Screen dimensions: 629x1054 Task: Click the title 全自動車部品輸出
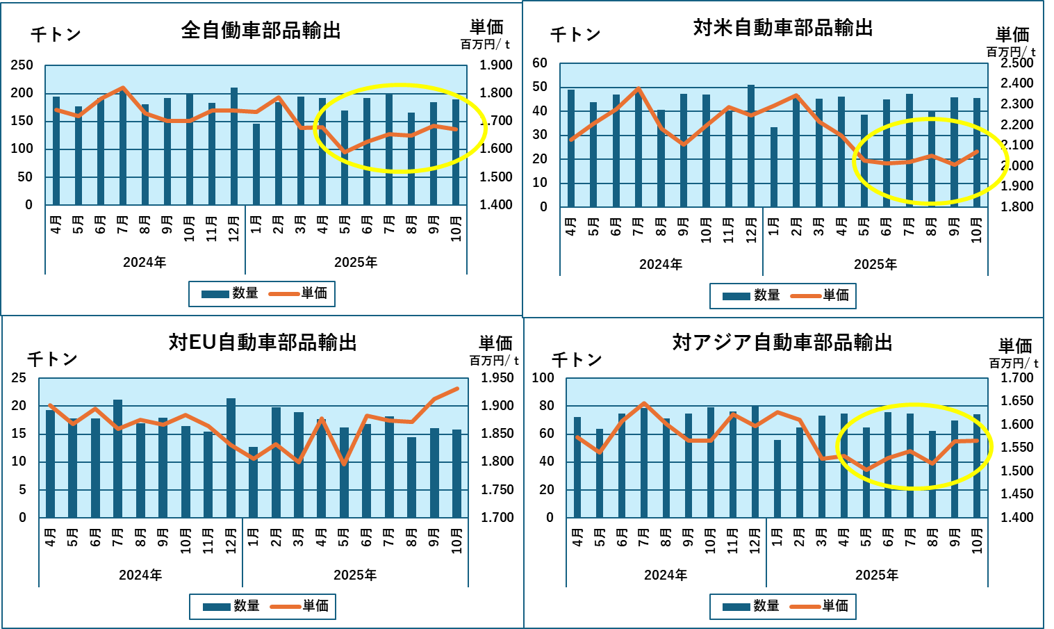(261, 31)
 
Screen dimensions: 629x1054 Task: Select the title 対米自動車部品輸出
(783, 28)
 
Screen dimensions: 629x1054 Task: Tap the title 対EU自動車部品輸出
(263, 343)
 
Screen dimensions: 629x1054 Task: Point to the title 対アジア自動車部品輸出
(782, 343)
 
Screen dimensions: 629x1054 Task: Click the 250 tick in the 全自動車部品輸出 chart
(22, 65)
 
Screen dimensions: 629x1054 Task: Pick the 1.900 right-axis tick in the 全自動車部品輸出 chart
(496, 65)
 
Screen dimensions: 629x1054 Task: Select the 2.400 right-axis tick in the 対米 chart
(1016, 83)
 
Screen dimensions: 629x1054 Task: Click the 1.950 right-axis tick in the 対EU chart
(497, 378)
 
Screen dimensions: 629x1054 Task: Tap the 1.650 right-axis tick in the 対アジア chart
(1017, 401)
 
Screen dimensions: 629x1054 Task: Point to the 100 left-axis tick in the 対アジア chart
(543, 378)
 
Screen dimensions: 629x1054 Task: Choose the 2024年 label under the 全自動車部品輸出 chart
(145, 263)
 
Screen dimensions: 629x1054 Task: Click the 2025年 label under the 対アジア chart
(877, 575)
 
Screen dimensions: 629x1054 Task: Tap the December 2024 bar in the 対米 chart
(751, 146)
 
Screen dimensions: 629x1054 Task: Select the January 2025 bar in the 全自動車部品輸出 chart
(256, 165)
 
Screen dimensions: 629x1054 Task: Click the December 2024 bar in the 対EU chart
(231, 459)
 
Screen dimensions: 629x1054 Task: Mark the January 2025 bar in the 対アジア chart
(777, 479)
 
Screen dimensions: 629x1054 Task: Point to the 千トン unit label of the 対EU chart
(52, 359)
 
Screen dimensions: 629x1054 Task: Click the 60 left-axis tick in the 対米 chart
(540, 63)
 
